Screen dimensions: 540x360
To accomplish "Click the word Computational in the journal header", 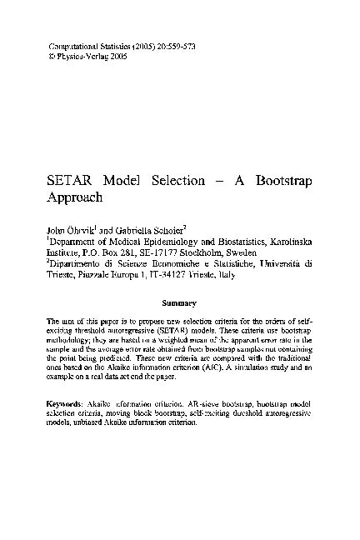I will [x=66, y=42].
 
